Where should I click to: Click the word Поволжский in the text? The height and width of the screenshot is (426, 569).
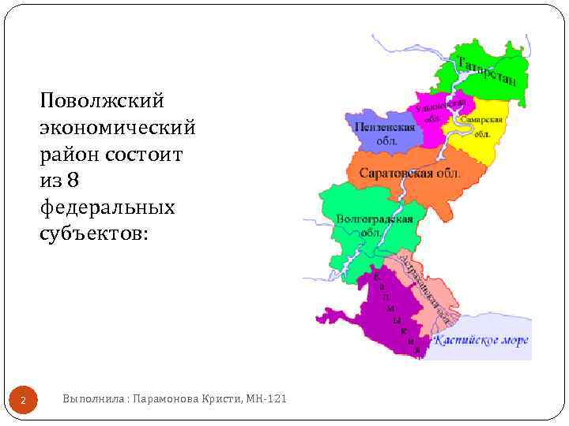pos(102,100)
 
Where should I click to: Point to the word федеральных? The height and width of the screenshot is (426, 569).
pos(106,207)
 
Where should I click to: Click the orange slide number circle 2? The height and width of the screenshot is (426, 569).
pos(24,402)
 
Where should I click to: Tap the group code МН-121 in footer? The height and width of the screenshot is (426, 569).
pos(267,400)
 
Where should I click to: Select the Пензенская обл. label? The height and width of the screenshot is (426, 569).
pos(385,133)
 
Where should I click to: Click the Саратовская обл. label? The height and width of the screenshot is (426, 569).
pos(409,174)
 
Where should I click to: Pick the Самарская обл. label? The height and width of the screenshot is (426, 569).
pos(481,126)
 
